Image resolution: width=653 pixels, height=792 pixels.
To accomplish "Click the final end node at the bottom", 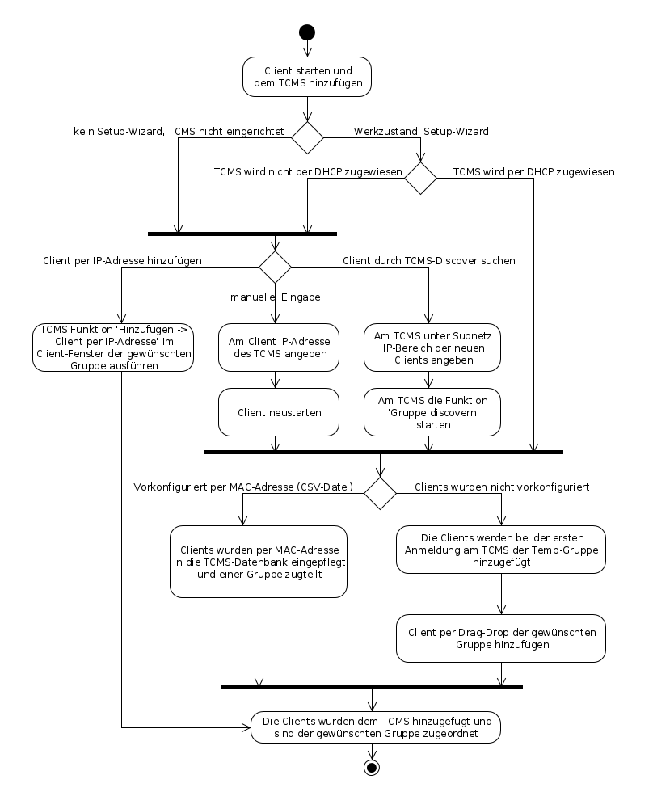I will point(372,766).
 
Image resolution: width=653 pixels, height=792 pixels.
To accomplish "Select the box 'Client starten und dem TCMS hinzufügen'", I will point(307,76).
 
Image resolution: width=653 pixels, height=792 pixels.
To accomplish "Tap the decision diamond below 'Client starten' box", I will point(307,137).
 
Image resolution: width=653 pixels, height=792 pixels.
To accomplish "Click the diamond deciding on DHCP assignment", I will point(420,177).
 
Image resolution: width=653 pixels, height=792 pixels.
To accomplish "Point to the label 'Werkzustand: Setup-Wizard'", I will point(421,131).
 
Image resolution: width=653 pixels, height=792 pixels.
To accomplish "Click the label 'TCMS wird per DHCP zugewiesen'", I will point(533,171).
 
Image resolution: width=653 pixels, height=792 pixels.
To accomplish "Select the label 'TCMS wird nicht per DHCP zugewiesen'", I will point(308,171).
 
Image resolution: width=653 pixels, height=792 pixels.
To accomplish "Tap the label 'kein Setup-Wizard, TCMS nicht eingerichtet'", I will point(179,131).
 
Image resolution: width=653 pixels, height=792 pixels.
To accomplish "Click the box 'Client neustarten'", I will point(279,412).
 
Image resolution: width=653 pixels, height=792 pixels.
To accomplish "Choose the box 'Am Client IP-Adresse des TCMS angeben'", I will point(279,348).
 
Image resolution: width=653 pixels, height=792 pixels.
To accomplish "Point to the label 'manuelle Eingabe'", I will point(276,297).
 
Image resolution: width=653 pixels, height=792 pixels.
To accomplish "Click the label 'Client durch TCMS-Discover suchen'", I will point(429,261).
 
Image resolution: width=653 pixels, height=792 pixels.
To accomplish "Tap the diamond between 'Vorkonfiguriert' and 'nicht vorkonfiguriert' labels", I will point(380,492).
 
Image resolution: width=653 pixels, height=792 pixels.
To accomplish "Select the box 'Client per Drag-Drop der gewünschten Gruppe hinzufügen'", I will point(502,638).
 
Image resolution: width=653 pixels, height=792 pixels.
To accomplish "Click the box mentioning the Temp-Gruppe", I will point(502,550).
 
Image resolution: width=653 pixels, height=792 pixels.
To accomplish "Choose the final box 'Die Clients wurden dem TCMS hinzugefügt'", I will point(376,727).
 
